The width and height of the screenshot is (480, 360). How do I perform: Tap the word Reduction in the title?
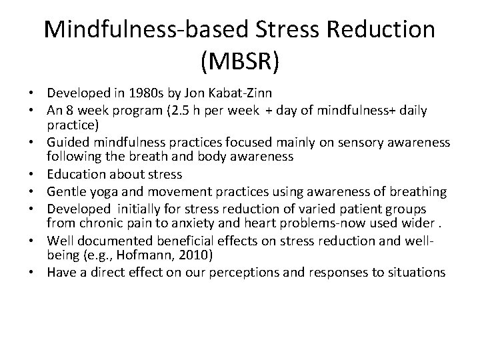tap(375, 29)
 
